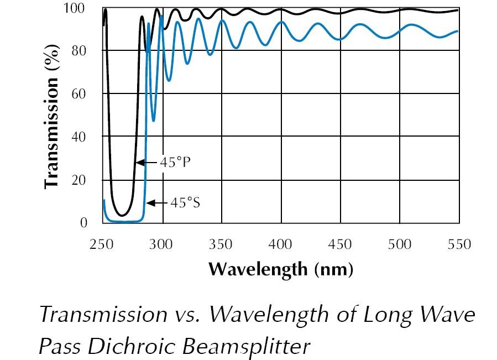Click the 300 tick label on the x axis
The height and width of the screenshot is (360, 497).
tap(161, 244)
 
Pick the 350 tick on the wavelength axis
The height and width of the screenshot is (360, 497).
tap(221, 244)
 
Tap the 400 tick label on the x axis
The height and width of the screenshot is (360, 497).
tap(281, 244)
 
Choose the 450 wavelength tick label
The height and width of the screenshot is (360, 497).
tap(341, 244)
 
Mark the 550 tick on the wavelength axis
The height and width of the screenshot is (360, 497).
tap(459, 244)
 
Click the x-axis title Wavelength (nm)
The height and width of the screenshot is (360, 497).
tap(280, 269)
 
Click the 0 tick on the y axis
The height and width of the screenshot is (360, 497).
tap(84, 223)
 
